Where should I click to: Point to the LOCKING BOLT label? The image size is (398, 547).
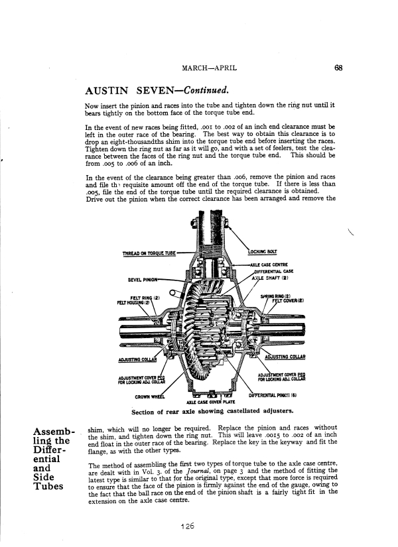pyautogui.click(x=263, y=252)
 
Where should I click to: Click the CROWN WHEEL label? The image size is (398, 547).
pyautogui.click(x=149, y=396)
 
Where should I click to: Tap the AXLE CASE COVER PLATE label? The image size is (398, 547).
pyautogui.click(x=200, y=402)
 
